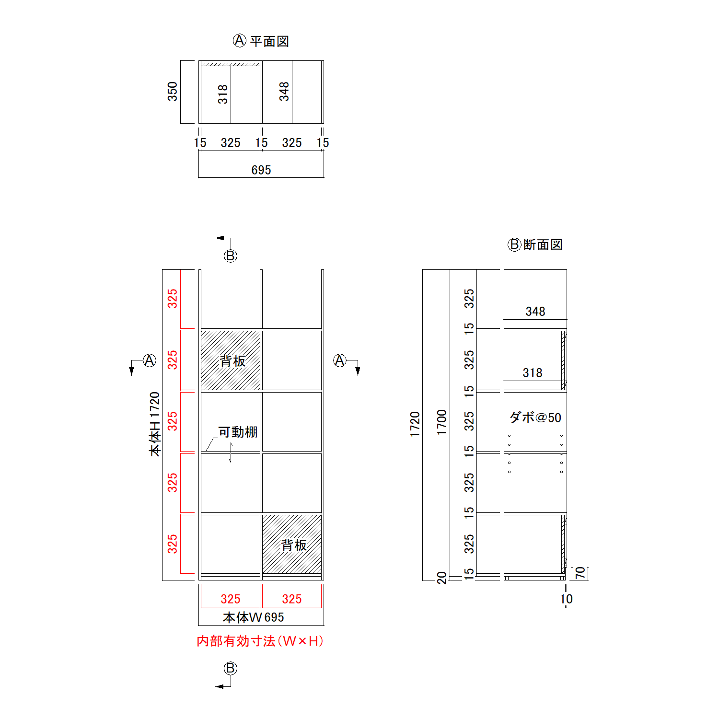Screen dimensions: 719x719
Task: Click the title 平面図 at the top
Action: [269, 42]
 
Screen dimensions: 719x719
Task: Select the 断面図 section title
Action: [543, 245]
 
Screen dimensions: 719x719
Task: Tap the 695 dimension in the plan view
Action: [261, 170]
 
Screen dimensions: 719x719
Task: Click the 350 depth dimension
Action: [173, 92]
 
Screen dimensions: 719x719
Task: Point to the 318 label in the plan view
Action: [223, 94]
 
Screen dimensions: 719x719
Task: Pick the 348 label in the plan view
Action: [284, 92]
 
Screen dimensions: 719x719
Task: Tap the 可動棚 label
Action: [238, 432]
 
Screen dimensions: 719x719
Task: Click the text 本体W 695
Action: [254, 617]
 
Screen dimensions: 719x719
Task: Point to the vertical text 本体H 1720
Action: [155, 424]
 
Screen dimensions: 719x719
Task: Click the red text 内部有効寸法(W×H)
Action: [260, 641]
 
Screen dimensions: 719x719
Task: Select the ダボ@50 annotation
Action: [535, 417]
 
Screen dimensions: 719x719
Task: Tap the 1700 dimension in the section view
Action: [442, 422]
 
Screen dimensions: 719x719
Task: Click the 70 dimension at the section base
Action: [580, 573]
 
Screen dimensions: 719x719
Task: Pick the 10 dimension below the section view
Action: [566, 599]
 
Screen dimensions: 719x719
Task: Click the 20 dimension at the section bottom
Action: [442, 578]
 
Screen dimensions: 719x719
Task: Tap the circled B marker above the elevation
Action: [231, 256]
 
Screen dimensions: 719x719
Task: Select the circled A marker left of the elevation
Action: [150, 360]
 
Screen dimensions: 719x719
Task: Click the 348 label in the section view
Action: [535, 312]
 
